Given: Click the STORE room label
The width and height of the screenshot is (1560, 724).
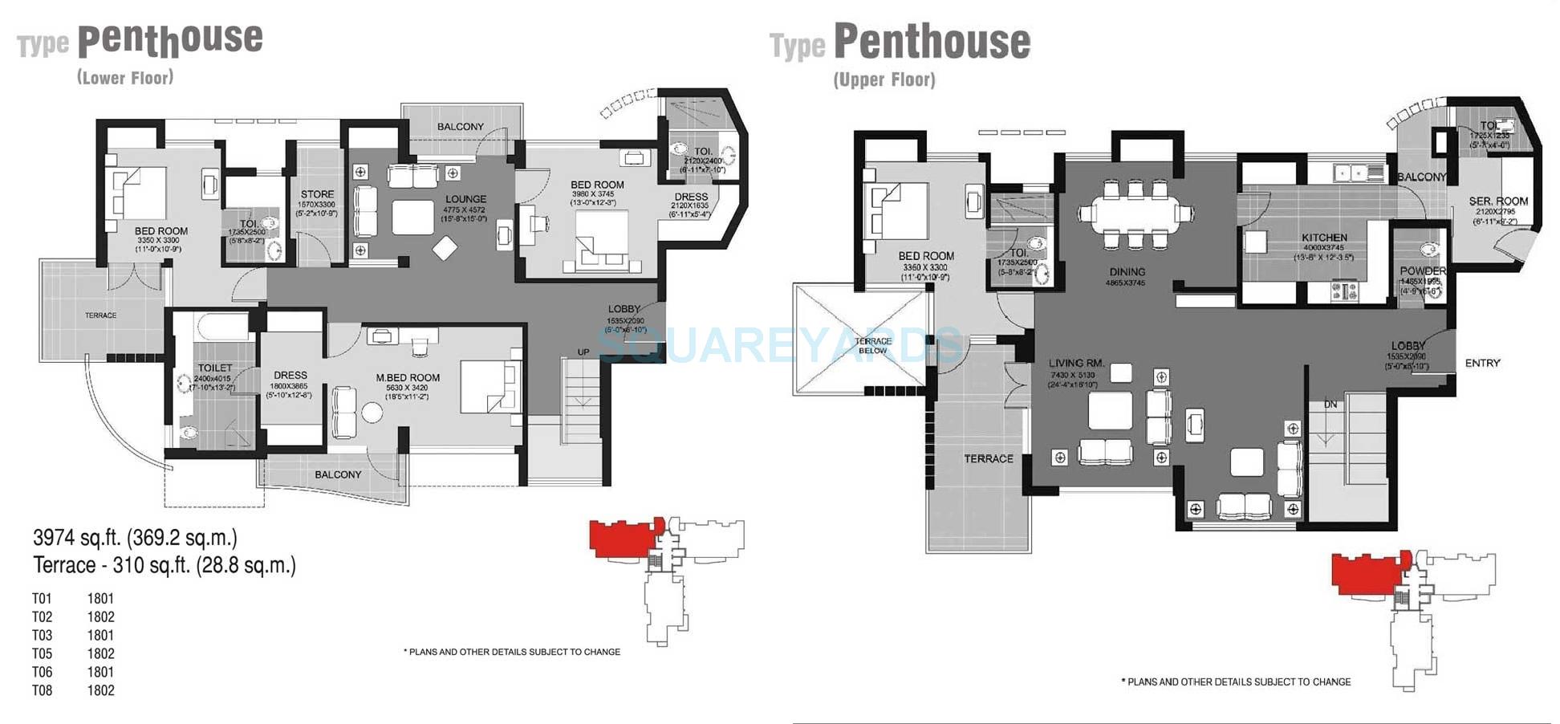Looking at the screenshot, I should coord(317,194).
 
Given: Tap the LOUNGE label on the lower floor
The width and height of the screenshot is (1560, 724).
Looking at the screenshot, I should coord(465,199).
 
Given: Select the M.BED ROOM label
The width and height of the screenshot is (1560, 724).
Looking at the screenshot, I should coord(408,377).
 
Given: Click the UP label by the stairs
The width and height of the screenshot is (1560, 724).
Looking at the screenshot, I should coord(583,352).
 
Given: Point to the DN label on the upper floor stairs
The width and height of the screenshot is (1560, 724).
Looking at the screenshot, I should coord(1330,405).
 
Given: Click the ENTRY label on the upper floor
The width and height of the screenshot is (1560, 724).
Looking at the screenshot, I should coord(1482,363).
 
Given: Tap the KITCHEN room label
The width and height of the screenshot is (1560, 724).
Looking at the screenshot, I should coord(1324,238).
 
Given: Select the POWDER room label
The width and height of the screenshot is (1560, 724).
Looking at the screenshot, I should coord(1423,271).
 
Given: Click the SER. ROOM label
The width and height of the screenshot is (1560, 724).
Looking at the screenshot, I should coord(1498,201).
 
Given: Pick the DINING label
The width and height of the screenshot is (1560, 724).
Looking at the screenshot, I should coord(1127,272).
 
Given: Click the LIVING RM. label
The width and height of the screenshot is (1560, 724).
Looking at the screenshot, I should coord(1076,364).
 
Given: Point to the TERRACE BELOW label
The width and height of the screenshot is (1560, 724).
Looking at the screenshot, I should coord(873,346).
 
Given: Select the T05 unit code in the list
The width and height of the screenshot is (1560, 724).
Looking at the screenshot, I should coord(42,653).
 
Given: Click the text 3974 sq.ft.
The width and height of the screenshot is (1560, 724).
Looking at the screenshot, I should coord(78,537).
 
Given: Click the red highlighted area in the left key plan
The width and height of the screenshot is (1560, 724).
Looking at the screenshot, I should coord(622,536).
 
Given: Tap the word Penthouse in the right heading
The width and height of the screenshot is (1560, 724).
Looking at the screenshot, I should coord(932,42).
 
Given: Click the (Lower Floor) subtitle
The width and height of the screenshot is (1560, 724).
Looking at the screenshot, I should coord(125,78).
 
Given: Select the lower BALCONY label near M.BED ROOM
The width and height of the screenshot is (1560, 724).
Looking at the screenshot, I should coord(338,474).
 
